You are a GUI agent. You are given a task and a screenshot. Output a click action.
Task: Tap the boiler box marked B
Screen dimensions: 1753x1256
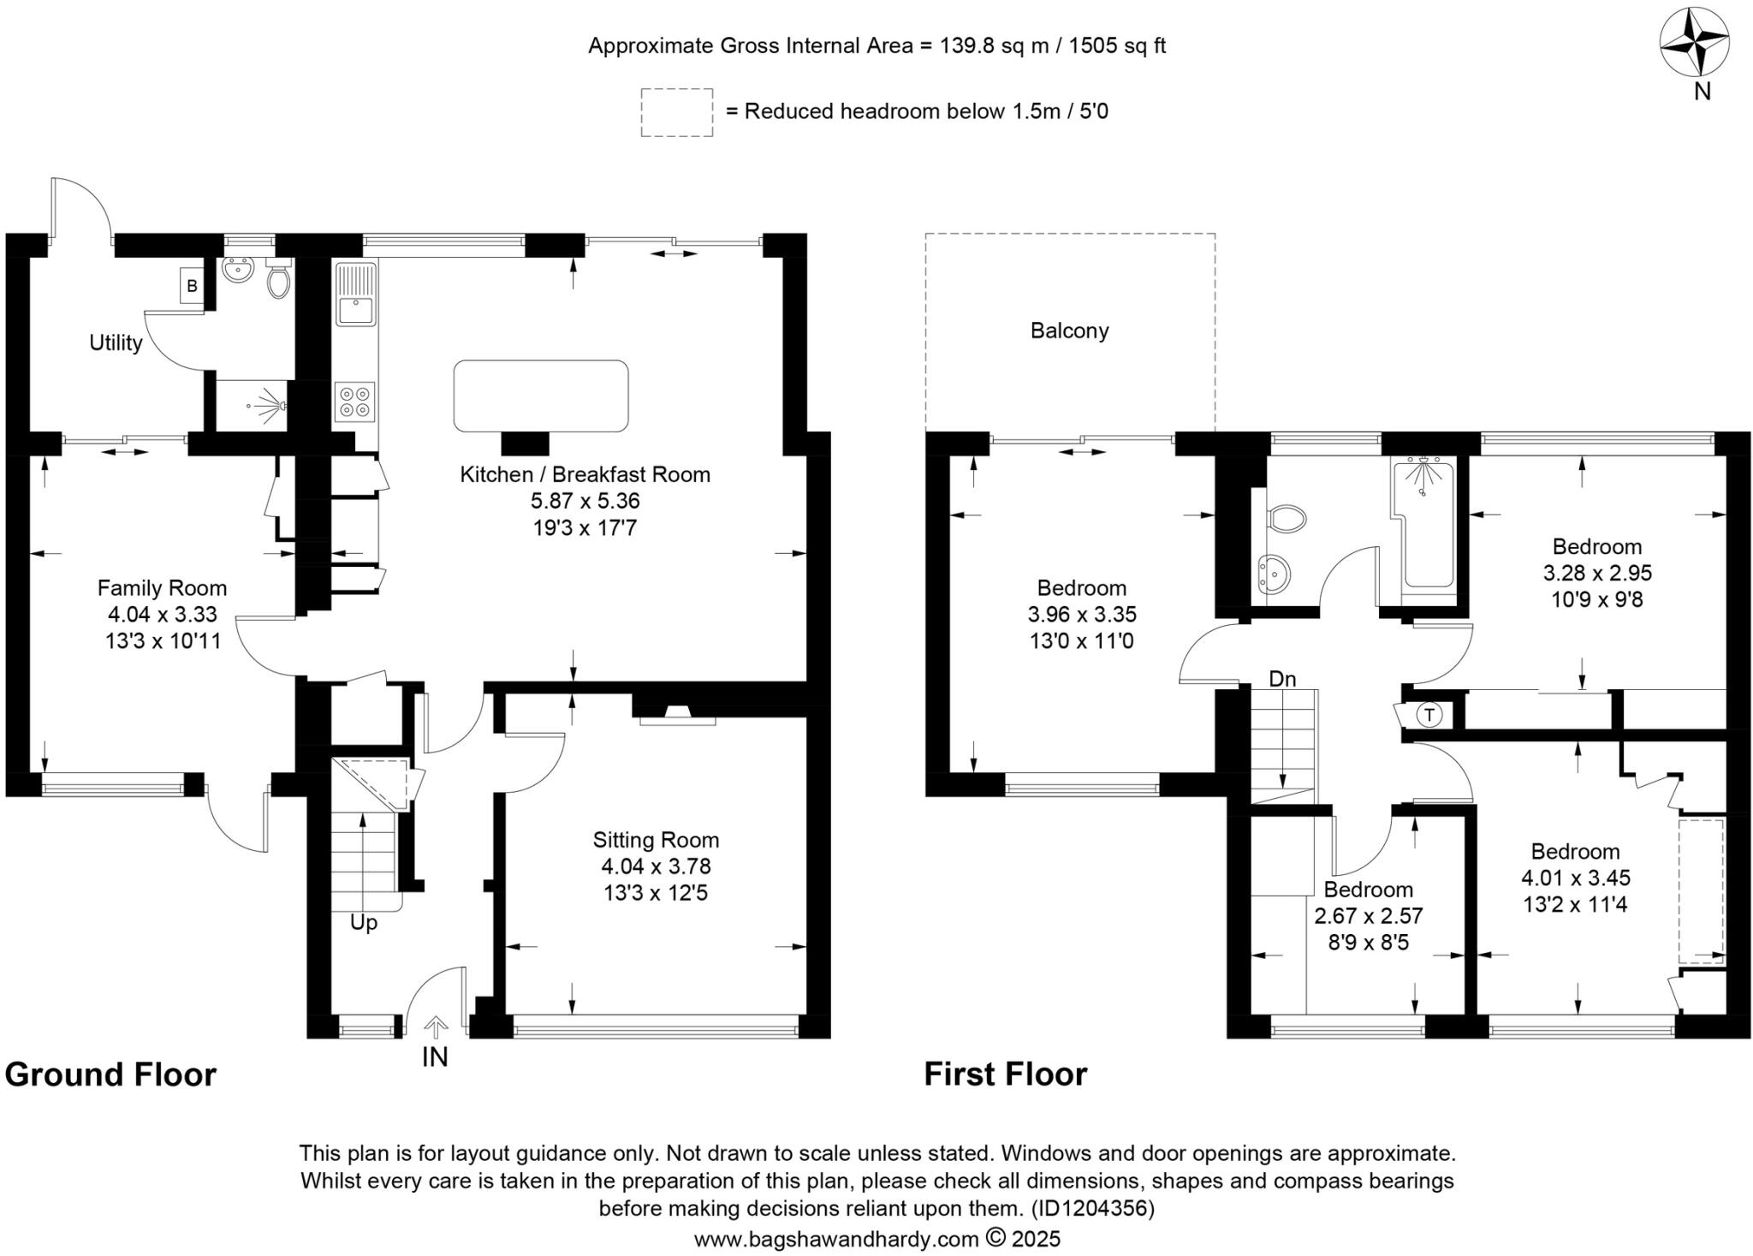click(192, 286)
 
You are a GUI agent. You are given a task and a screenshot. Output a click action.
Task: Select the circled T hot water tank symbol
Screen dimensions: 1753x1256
click(1429, 715)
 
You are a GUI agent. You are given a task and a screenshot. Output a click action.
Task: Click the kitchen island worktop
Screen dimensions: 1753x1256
click(541, 396)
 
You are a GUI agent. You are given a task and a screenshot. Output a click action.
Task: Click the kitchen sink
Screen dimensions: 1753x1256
click(356, 294)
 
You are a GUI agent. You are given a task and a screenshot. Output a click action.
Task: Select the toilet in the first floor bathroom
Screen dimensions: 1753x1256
click(1286, 518)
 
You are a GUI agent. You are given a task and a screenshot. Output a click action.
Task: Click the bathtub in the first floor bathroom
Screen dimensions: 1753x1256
click(1428, 524)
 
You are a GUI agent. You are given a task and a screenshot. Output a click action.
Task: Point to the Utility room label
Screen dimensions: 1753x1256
click(116, 343)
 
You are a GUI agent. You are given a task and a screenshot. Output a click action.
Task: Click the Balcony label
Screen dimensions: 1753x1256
click(1069, 331)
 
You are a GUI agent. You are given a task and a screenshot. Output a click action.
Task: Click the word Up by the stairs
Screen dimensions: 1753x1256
click(364, 924)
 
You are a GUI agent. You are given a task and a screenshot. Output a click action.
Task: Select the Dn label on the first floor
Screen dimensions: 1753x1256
click(1282, 679)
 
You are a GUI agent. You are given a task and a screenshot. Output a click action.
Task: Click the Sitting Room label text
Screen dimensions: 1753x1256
click(656, 840)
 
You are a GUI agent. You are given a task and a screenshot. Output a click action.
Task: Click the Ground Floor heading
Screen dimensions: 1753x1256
click(110, 1074)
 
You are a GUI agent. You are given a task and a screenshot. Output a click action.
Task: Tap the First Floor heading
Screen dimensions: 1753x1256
click(1005, 1074)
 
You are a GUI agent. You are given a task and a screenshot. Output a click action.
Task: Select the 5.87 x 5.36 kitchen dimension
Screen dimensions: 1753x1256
click(585, 501)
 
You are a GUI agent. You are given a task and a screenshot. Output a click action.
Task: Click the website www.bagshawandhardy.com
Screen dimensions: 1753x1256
click(836, 1239)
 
